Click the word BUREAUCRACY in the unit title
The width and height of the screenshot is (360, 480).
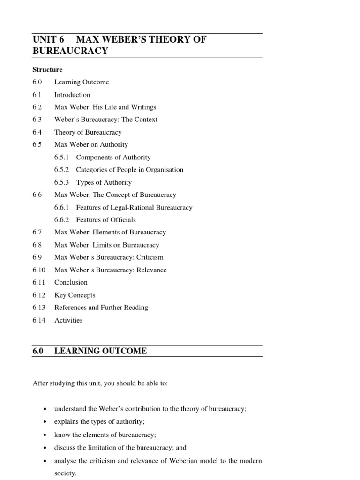[x=70, y=51]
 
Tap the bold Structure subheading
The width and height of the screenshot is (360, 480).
[x=47, y=70]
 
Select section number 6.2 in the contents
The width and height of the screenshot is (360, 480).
[x=37, y=107]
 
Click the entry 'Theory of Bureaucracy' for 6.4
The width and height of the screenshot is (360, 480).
[x=88, y=132]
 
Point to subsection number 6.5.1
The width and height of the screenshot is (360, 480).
[x=61, y=157]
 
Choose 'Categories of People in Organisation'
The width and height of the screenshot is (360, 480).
[x=129, y=170]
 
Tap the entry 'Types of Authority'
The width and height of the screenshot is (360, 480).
[x=104, y=182]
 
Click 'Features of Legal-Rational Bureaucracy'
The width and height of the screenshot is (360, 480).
[x=134, y=207]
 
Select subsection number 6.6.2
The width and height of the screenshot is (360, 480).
[x=61, y=220]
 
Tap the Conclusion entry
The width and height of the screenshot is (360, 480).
[x=71, y=282]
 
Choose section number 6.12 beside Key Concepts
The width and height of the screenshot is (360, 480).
[x=38, y=295]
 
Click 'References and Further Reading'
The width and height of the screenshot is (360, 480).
[x=101, y=307]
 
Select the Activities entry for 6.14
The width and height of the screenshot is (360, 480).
[x=68, y=320]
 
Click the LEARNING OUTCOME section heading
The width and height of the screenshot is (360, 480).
[x=100, y=351]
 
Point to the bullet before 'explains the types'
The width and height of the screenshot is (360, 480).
[x=44, y=422]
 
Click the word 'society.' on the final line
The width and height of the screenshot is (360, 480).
[x=65, y=473]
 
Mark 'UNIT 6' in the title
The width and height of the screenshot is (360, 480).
[x=48, y=39]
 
